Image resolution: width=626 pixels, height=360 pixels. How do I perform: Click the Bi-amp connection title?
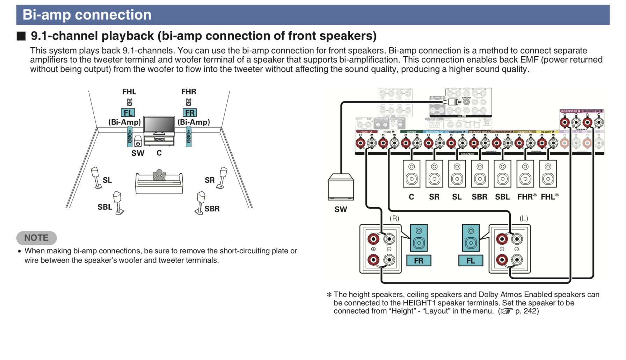tap(87, 15)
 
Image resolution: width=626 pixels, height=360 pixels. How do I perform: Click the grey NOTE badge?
tap(36, 238)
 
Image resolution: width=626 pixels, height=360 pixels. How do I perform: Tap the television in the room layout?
tap(159, 125)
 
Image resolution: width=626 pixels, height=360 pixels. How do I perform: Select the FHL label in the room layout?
tap(129, 92)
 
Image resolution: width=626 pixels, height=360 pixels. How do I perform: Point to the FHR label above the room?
tap(189, 92)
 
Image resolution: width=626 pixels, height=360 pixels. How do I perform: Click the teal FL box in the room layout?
tap(128, 113)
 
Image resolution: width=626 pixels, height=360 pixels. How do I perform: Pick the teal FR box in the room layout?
tap(190, 113)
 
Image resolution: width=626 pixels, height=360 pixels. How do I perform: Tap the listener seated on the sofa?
tap(159, 175)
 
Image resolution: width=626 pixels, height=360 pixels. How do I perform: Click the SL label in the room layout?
tap(107, 180)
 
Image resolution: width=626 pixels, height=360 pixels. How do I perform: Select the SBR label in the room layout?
tap(212, 209)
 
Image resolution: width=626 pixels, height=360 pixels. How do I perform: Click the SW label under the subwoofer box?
tap(341, 209)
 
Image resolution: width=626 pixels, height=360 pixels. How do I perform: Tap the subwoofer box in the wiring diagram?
tap(341, 187)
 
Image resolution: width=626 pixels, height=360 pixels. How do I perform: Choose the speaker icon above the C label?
tap(412, 174)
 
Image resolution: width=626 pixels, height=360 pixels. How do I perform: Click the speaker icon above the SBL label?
tap(502, 174)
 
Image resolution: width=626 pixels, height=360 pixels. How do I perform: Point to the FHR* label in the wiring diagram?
tap(526, 197)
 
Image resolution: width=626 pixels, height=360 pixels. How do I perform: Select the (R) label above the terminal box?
tap(394, 218)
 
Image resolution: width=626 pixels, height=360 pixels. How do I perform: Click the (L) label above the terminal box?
tap(524, 218)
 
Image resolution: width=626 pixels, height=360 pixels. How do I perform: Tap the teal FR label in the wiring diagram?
tap(418, 261)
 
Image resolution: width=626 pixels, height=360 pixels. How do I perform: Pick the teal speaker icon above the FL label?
tap(471, 238)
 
